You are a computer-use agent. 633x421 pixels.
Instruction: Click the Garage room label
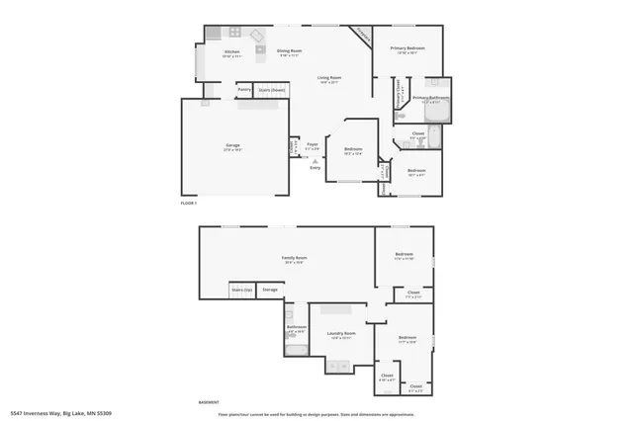232,145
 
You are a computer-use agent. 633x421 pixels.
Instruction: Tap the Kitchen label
232,51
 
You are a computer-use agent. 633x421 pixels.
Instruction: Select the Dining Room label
289,50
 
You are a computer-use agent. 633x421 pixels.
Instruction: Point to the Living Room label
329,77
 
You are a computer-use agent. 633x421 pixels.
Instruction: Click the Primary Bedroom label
407,47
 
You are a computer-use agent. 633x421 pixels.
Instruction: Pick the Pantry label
243,90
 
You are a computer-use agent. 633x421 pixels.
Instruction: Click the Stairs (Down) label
272,90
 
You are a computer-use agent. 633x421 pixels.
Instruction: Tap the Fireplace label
363,37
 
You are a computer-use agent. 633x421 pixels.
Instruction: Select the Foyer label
312,143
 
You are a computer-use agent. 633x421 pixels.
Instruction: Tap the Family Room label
294,257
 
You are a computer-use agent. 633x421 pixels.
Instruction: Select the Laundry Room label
341,334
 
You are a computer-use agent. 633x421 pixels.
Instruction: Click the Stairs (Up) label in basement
242,290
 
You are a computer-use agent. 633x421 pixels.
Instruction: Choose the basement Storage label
269,290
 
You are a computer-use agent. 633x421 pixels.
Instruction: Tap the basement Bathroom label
297,327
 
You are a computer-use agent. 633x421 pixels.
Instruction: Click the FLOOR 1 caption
189,203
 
